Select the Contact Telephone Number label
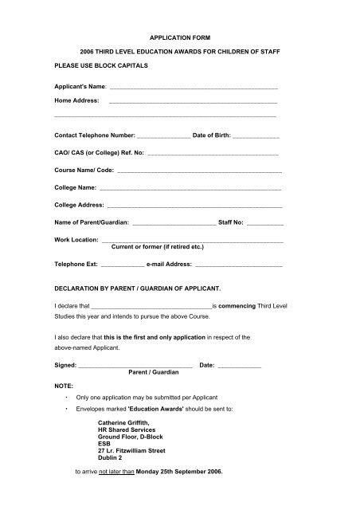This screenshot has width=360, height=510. tap(94, 135)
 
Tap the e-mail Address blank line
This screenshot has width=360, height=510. tap(239, 265)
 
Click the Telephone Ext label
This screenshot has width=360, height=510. tap(76, 263)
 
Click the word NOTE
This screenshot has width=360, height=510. tap(64, 385)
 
